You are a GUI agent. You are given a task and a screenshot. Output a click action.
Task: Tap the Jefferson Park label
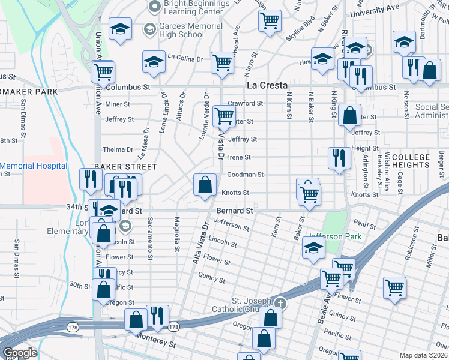336,236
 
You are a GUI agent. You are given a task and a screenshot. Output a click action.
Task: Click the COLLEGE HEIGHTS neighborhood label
411,161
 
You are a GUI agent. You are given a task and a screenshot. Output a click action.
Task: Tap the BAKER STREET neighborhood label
125,166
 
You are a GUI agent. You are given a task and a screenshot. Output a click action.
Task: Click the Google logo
20,353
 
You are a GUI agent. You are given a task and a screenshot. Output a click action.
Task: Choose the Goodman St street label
245,175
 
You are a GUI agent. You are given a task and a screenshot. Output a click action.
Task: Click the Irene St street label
238,157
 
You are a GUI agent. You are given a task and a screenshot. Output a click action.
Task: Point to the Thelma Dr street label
118,149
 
